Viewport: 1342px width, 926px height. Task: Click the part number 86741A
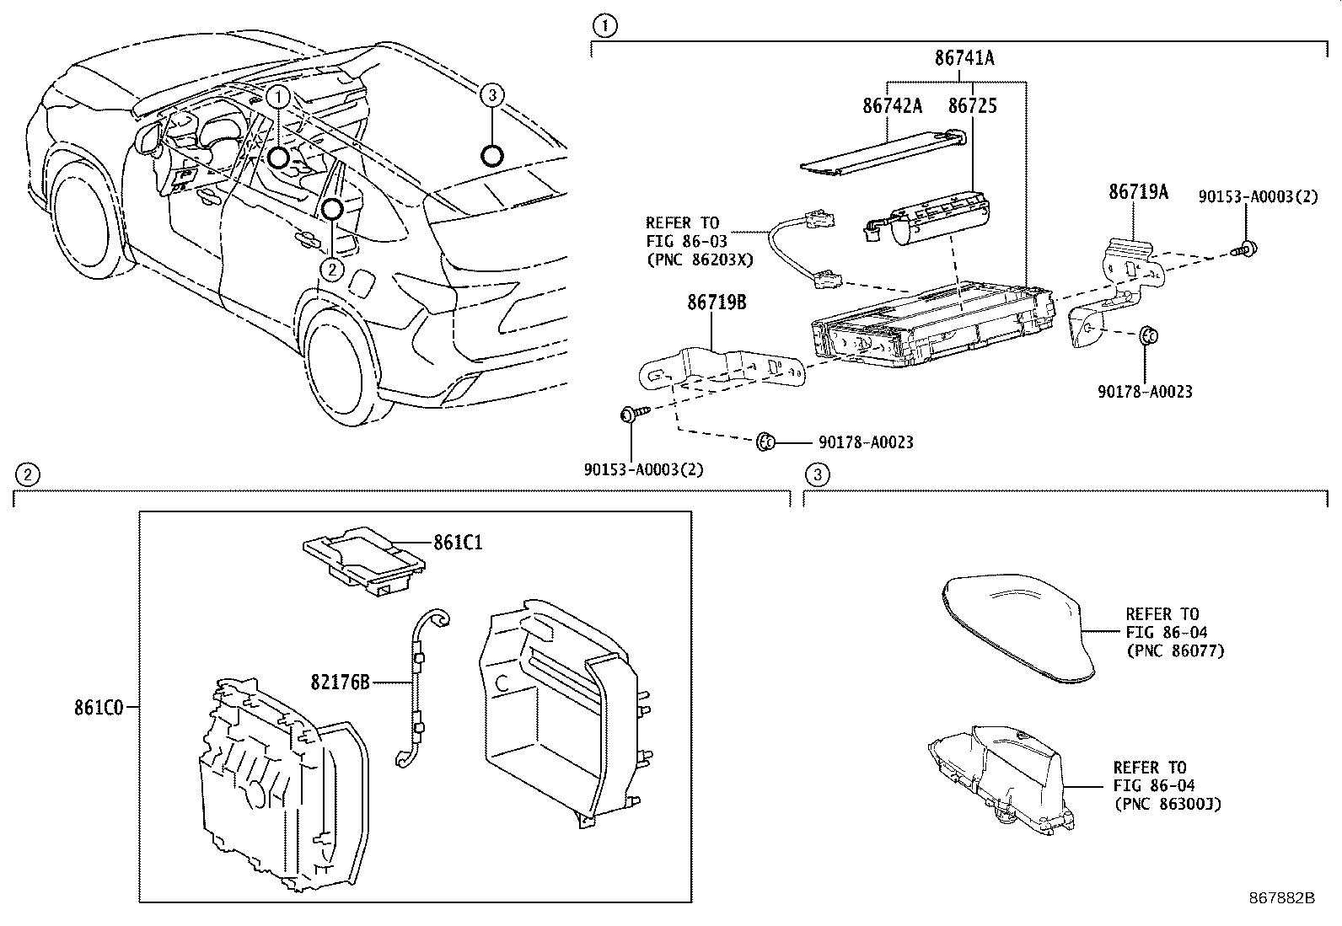(964, 58)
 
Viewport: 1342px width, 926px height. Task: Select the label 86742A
(892, 106)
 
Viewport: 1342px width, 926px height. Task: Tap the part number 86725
(972, 106)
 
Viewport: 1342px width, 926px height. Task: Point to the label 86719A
(1137, 192)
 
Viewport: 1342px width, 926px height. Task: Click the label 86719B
(717, 302)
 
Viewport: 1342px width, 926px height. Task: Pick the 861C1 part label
(458, 543)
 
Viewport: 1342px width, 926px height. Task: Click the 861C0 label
(98, 708)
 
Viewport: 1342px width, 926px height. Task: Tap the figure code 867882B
(1282, 898)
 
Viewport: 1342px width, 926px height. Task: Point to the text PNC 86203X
(699, 260)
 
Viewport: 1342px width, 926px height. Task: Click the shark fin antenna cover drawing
(1016, 624)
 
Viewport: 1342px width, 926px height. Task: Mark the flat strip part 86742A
(877, 154)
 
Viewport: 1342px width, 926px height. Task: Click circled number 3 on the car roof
(492, 95)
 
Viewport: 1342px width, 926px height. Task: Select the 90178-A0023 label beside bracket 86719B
(865, 442)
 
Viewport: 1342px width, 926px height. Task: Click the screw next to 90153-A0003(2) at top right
(1247, 249)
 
